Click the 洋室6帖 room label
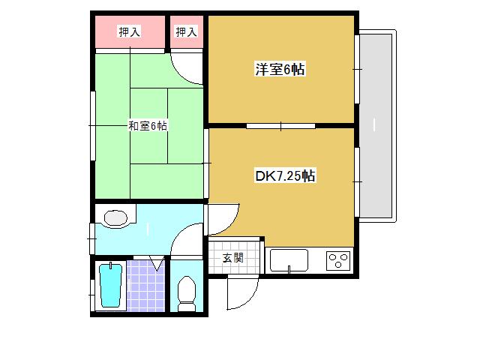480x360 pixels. tap(280, 70)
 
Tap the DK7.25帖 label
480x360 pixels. tap(285, 176)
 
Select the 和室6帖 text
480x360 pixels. tap(148, 126)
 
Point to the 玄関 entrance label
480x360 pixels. tap(233, 258)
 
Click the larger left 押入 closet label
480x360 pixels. tap(130, 31)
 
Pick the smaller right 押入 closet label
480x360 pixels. tap(186, 31)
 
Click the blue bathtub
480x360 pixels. tap(111, 285)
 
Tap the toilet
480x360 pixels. tap(187, 294)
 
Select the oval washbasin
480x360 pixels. tap(115, 218)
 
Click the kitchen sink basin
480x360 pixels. tap(289, 260)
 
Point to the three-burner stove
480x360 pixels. tap(338, 261)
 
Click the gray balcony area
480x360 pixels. tap(376, 125)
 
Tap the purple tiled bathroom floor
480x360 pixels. tap(146, 286)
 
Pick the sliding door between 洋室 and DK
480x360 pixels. tap(280, 126)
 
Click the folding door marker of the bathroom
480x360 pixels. tap(157, 263)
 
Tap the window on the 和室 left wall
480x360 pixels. tap(93, 126)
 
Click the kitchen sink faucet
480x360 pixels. tap(289, 269)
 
